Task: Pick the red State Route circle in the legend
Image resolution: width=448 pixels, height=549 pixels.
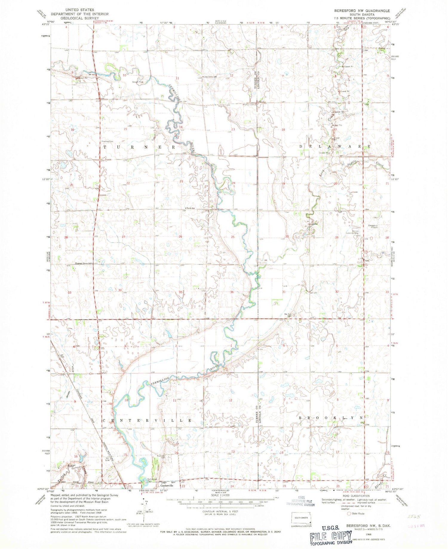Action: pos(349,513)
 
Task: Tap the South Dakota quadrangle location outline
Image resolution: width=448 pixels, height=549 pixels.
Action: pos(301,518)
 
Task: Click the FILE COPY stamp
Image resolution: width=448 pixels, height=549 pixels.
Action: pos(331,538)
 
